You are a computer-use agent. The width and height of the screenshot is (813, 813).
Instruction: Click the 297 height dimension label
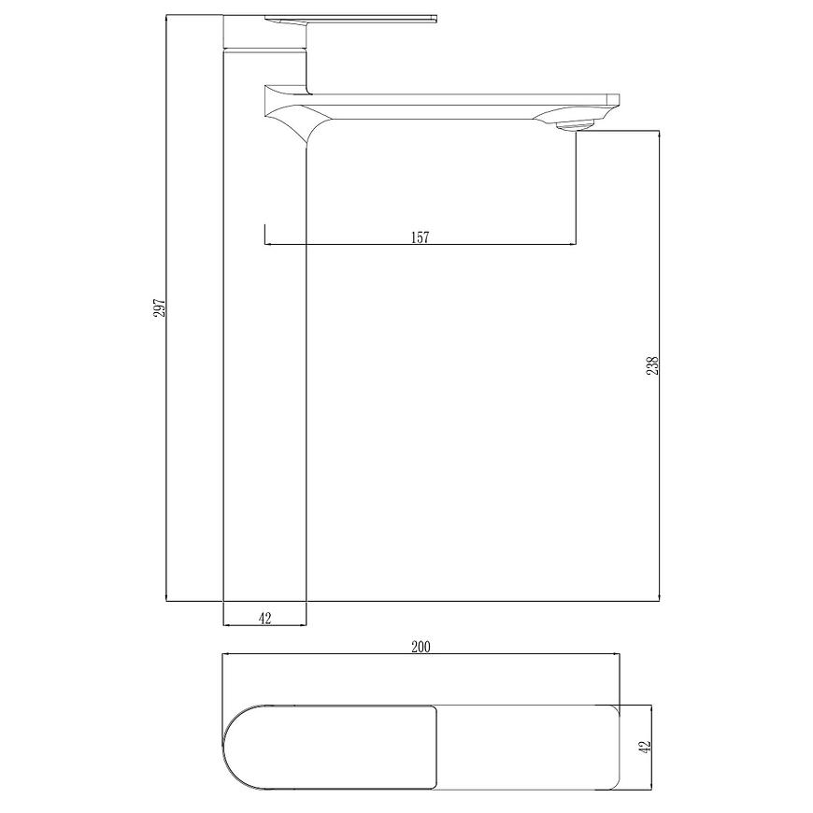click(x=159, y=308)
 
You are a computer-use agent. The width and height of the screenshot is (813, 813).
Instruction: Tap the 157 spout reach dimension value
click(x=420, y=237)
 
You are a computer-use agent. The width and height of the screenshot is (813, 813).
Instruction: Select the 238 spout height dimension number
click(x=652, y=365)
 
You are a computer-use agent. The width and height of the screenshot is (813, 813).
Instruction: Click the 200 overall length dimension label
click(x=421, y=647)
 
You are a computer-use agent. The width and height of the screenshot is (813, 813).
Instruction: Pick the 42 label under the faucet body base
click(x=264, y=618)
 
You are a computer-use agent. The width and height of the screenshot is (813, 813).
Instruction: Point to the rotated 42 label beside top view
click(x=645, y=748)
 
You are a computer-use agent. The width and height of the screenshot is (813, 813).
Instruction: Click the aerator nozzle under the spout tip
click(x=575, y=125)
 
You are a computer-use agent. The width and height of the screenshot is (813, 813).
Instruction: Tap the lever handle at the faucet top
click(x=350, y=20)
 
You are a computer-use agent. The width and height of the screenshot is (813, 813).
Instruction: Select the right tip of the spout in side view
click(x=619, y=100)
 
